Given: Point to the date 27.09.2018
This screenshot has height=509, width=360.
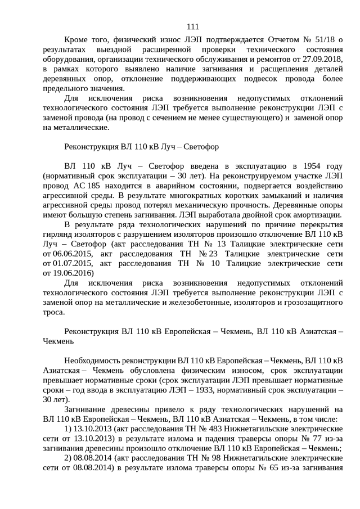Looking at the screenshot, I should (x=322, y=59).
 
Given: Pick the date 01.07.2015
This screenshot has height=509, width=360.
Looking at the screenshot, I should (x=67, y=263).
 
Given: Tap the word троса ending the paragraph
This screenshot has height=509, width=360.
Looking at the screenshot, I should (x=53, y=312).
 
